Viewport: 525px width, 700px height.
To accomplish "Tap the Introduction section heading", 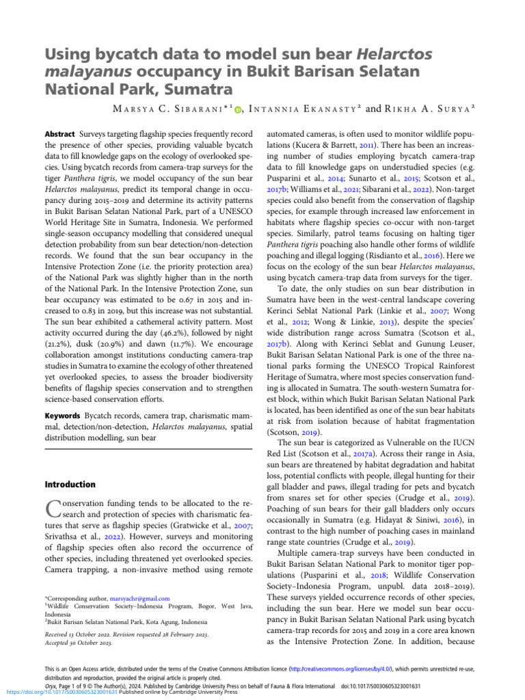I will point(70,465).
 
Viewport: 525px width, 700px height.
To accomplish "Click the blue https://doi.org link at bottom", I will point(59,691).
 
